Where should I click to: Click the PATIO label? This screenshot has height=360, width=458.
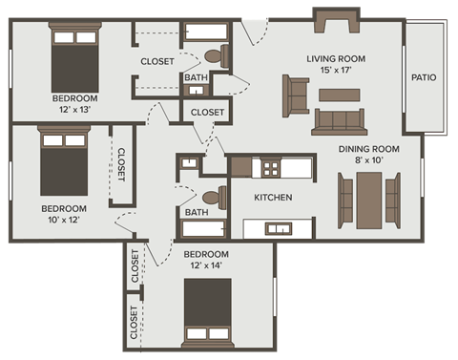point(424,77)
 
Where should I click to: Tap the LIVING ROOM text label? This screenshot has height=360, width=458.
point(335,59)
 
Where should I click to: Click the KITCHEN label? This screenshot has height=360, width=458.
point(273,199)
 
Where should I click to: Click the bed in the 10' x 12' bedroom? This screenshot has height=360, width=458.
point(64,163)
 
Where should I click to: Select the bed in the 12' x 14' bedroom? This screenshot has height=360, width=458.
point(208,312)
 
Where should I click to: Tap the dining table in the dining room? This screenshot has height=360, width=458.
point(368,201)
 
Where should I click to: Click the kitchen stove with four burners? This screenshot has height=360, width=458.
point(271,168)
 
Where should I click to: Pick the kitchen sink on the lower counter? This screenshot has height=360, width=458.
point(279,227)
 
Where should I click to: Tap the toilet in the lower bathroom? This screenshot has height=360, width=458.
point(215,198)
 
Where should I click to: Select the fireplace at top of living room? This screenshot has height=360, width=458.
point(336,19)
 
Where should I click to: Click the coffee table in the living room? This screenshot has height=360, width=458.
point(338,95)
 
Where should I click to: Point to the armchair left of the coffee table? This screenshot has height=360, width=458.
point(295,94)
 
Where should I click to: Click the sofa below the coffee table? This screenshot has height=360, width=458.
point(339,120)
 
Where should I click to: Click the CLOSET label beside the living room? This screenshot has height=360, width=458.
point(207,113)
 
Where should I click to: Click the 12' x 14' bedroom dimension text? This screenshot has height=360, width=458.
point(206,265)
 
